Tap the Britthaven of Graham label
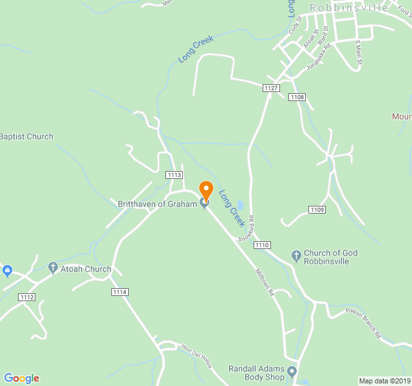pyautogui.click(x=157, y=204)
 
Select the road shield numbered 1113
pyautogui.click(x=174, y=175)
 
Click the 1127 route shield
pyautogui.click(x=271, y=87)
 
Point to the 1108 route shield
pyautogui.click(x=297, y=97)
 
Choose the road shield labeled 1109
pyautogui.click(x=317, y=210)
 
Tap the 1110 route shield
pyautogui.click(x=262, y=245)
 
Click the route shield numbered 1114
pyautogui.click(x=120, y=292)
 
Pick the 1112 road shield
pyautogui.click(x=27, y=297)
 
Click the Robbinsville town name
pyautogui.click(x=349, y=8)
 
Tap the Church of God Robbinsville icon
pyautogui.click(x=296, y=257)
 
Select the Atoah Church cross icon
pyautogui.click(x=53, y=267)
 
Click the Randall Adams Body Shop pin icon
pyautogui.click(x=292, y=371)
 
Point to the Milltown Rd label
pyautogui.click(x=265, y=282)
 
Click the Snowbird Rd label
pyautogui.click(x=246, y=228)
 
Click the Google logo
pyautogui.click(x=21, y=378)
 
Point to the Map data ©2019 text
pyautogui.click(x=384, y=381)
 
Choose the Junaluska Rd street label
pyautogui.click(x=319, y=56)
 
